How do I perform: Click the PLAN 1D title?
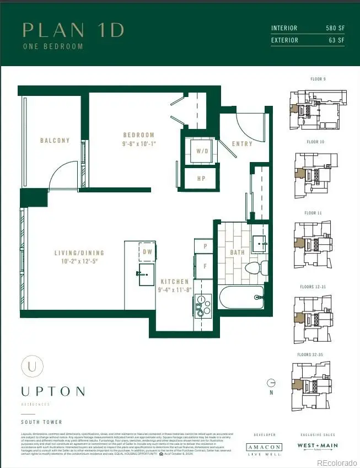point(73,30)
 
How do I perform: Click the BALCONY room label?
point(55,141)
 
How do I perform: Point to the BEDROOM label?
point(139,135)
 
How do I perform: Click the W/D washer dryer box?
point(202,151)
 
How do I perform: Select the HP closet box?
point(202,179)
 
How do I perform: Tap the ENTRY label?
point(242,144)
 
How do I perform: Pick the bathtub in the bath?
point(241,298)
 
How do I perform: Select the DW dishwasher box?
point(147,251)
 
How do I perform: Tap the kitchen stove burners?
point(203,305)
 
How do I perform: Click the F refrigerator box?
point(205,266)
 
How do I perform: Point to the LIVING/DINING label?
point(79,254)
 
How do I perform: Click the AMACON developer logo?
point(264,448)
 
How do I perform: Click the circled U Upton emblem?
point(33,367)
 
